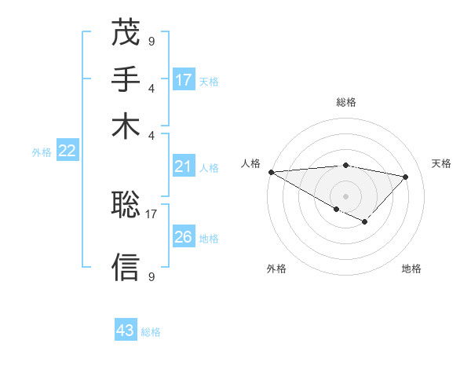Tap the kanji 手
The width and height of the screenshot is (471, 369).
126,79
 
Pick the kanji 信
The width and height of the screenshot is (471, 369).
126,267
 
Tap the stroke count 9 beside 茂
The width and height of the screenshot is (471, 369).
151,40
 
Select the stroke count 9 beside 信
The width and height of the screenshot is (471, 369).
151,276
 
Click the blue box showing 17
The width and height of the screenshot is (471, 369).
184,79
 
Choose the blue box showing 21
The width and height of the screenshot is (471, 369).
184,166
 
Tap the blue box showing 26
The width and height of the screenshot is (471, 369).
184,236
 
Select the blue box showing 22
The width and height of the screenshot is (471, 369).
67,152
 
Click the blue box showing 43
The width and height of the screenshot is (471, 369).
126,331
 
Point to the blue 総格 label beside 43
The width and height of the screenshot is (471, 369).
152,332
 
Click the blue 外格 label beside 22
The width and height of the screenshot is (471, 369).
42,152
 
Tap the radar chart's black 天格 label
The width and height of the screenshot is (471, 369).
442,163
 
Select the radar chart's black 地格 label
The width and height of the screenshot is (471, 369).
411,269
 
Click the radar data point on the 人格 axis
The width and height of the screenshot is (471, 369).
271,172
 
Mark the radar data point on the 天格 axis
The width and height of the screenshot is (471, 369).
406,177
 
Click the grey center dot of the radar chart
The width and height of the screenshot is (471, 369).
345,195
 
